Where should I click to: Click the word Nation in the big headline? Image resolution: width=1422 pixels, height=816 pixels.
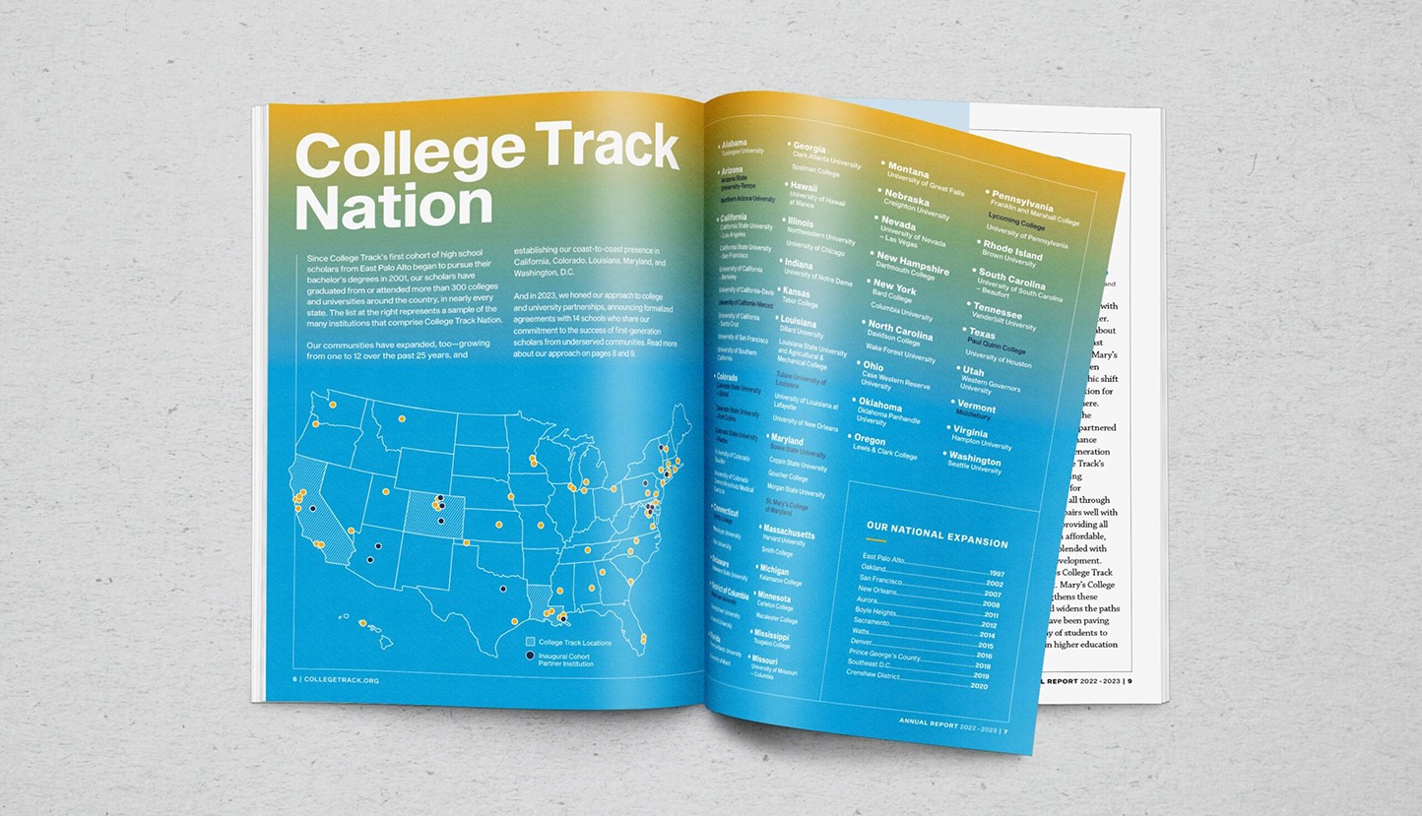tap(394, 207)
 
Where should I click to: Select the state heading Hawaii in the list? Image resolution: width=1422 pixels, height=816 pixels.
tap(805, 186)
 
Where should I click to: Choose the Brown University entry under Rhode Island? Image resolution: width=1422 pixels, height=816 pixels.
tap(1008, 263)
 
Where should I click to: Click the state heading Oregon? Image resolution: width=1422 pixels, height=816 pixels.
tap(870, 440)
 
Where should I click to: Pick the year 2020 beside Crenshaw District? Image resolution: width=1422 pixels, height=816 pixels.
tap(979, 686)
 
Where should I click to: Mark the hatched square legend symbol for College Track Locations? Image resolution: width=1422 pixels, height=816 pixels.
tap(531, 642)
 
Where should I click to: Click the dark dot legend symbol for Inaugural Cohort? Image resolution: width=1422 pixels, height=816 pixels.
tap(531, 656)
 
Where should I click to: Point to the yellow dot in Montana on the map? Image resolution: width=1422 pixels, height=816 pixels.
tap(402, 418)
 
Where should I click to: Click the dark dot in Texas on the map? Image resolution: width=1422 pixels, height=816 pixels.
tap(503, 589)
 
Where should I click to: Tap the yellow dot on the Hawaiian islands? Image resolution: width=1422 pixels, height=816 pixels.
tap(362, 624)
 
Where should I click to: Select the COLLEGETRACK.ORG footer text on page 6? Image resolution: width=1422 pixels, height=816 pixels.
tap(341, 679)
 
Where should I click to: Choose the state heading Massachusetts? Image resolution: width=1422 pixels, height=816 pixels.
tap(788, 533)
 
